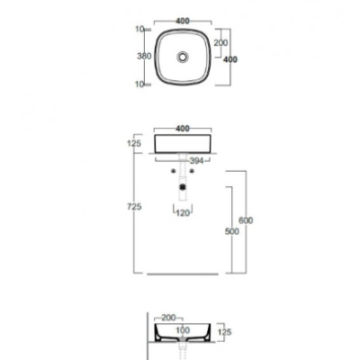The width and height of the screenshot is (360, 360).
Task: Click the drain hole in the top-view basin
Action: pos(183,57)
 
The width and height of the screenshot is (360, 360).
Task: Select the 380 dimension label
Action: pos(144,56)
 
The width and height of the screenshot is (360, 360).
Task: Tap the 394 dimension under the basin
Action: pos(196,161)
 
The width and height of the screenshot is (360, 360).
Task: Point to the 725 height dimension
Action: pos(134,207)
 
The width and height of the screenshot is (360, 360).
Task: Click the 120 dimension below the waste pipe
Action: pos(183,213)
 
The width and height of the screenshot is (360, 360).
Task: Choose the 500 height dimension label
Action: pos(232,231)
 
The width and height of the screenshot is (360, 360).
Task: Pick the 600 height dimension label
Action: pos(246,220)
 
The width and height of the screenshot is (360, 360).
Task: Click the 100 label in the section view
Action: pos(183,330)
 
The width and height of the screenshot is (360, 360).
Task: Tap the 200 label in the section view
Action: pos(168,318)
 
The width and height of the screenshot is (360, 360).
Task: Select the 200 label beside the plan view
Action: pos(220,43)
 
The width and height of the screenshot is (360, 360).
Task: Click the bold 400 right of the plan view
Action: pos(230,59)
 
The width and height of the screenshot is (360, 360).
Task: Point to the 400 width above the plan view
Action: pos(183,21)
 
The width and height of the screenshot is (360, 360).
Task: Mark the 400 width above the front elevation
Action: pos(183,129)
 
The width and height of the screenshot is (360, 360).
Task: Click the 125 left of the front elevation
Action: pos(134,143)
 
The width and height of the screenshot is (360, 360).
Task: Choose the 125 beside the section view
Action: pos(224,332)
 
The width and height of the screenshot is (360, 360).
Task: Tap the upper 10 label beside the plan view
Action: pos(139,29)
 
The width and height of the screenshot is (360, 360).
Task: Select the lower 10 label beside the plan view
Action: pos(139,85)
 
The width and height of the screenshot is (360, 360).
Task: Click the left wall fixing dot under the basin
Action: pos(173,171)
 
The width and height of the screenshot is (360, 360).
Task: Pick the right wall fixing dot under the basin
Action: pos(192,171)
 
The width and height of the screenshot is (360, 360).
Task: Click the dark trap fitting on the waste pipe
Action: pos(183,187)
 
